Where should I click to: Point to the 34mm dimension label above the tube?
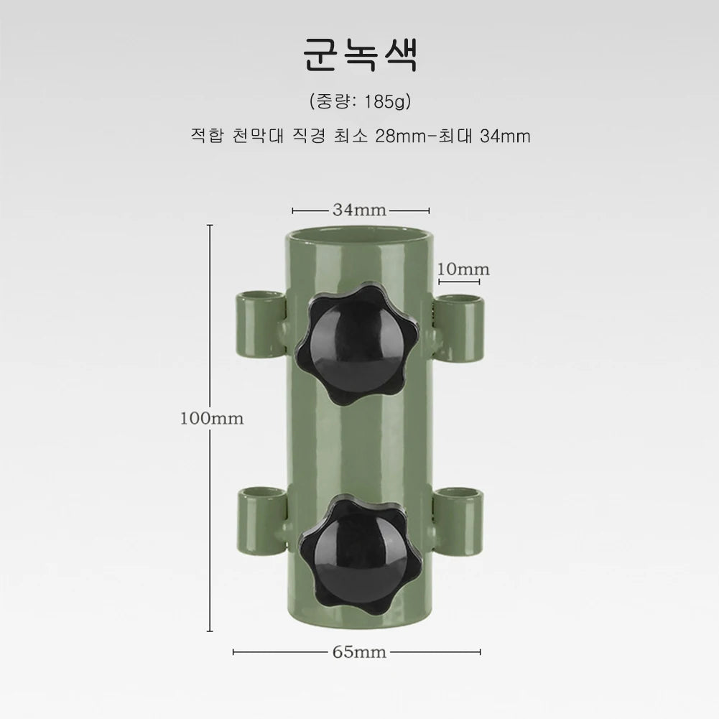point(359,210)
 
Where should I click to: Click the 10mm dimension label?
point(463,269)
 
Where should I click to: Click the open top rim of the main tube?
point(360,238)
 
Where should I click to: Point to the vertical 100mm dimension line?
point(210,323)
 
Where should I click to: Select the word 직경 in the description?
point(309,136)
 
